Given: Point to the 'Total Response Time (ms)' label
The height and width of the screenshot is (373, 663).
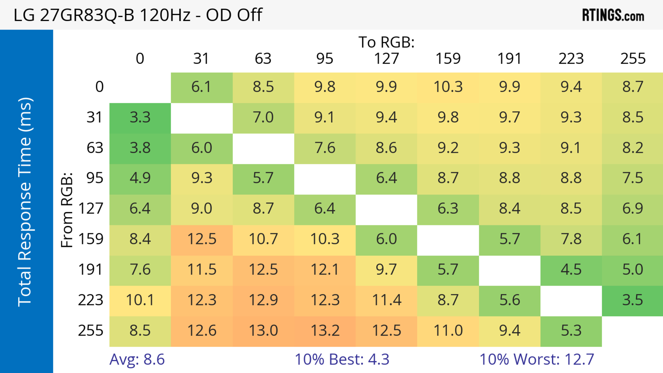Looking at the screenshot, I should (x=25, y=202).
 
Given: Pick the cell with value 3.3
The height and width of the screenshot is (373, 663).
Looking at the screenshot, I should (x=140, y=118).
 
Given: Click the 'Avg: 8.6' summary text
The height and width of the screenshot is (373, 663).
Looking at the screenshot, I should (x=137, y=359).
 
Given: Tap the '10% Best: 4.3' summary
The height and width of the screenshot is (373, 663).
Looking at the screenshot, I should (x=342, y=359).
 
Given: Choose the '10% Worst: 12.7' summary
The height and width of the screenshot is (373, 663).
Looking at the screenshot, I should (x=537, y=359).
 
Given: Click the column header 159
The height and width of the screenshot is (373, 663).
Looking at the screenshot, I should (x=448, y=59).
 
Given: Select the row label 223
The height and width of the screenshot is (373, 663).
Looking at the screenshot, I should (x=91, y=300).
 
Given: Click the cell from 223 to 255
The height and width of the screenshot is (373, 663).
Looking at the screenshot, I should (x=632, y=300).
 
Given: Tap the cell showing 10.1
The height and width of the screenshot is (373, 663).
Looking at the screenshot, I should (x=140, y=300).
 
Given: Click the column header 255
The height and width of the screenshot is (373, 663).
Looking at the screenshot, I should (x=633, y=59).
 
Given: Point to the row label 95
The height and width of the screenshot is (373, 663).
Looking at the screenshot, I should (x=95, y=178).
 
